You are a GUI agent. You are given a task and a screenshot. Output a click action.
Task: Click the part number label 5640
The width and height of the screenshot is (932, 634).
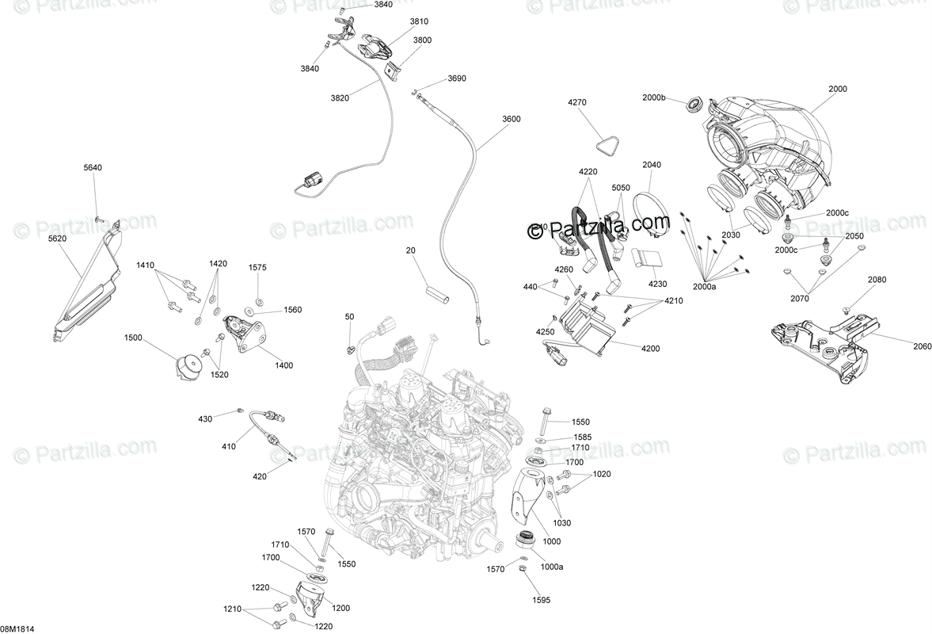(x=93, y=167)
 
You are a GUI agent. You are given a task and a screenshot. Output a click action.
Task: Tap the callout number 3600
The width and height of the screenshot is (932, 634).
(x=511, y=119)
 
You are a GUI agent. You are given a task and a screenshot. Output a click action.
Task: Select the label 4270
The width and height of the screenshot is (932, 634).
(x=577, y=102)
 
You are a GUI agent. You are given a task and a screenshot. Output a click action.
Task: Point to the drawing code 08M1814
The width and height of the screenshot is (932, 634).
(x=17, y=628)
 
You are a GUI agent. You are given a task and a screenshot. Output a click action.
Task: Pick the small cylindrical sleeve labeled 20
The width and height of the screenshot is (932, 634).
(x=439, y=291)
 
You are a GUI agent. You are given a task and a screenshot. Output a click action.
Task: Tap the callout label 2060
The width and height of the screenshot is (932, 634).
(x=900, y=346)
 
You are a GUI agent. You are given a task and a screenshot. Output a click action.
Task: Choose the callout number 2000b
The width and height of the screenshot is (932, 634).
(x=654, y=97)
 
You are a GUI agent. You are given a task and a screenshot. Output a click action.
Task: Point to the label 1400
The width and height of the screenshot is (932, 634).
(x=283, y=365)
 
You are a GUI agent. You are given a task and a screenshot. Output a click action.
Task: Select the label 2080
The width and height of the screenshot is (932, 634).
(x=877, y=280)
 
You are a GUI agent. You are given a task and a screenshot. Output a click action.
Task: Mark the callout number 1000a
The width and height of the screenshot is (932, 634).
(x=552, y=567)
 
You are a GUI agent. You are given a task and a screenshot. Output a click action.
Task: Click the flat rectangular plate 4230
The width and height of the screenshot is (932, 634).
(x=649, y=261)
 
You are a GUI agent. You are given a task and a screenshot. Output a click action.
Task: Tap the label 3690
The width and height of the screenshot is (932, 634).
(x=457, y=78)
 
